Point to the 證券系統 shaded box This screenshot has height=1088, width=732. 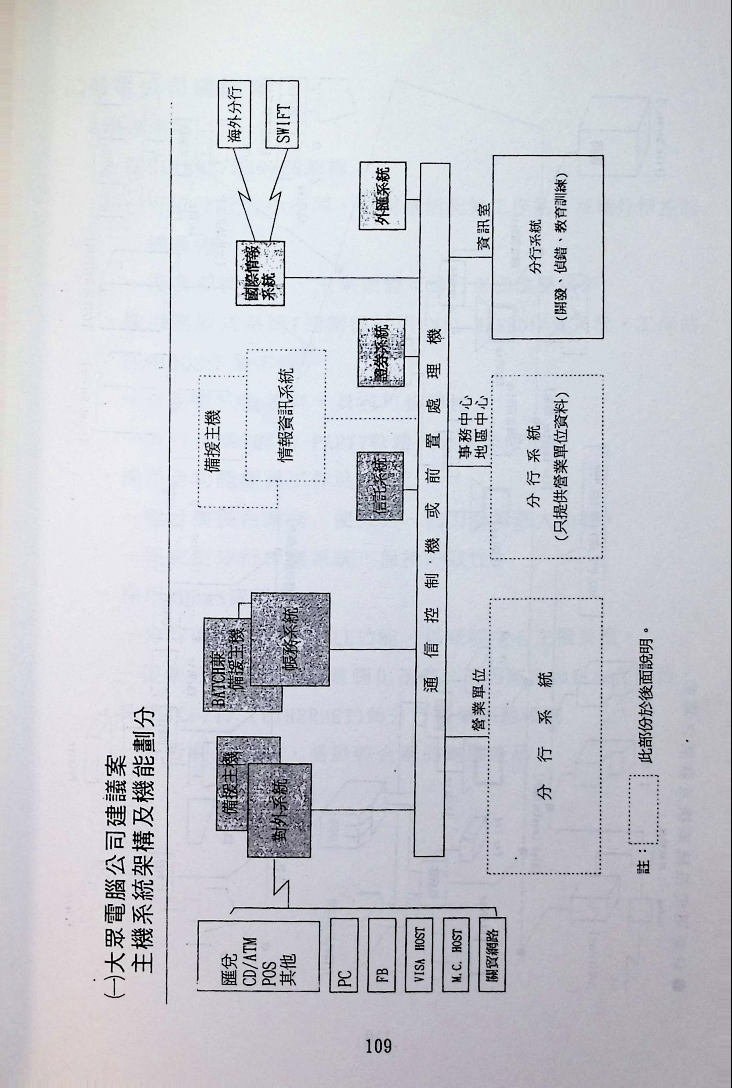tap(381, 352)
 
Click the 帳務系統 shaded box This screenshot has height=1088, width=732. tap(290, 639)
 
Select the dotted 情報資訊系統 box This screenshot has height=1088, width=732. tap(286, 415)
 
